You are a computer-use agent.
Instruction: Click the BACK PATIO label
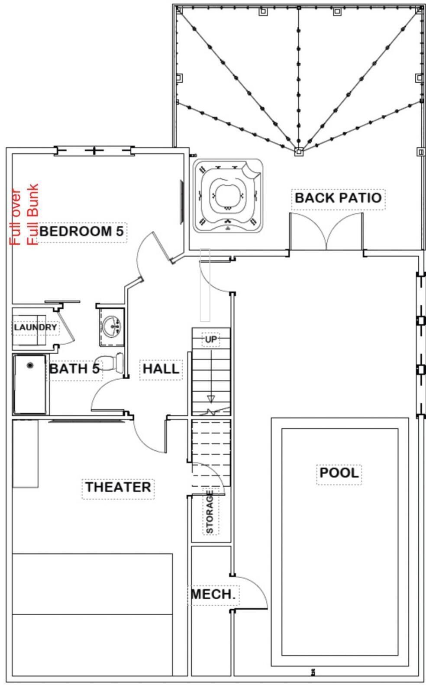[338, 198]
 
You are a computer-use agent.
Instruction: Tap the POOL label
[339, 472]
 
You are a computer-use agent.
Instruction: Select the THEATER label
[118, 487]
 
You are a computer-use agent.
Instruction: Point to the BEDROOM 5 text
[81, 231]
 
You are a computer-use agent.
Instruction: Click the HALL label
[161, 368]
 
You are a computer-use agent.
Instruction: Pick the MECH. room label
[213, 594]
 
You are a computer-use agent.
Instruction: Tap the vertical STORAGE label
[210, 512]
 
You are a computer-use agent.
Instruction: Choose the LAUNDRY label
[35, 327]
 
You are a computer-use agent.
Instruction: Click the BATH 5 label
[74, 368]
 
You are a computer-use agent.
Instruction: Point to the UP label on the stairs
[211, 339]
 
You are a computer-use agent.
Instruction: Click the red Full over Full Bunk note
[24, 214]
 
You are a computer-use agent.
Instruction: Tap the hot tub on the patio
[228, 196]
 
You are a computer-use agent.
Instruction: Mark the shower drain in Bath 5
[30, 365]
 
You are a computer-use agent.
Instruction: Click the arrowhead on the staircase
[211, 399]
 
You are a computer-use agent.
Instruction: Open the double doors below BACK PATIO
[326, 232]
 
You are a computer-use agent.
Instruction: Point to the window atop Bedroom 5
[94, 150]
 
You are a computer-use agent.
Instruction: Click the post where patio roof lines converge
[299, 152]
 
